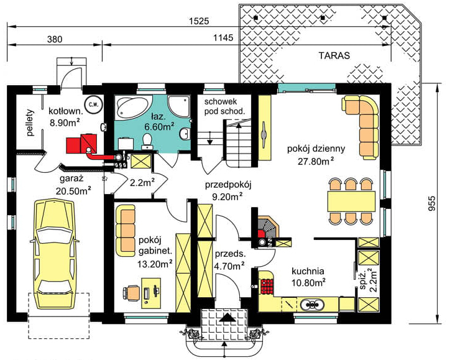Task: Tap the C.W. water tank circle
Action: (93, 104)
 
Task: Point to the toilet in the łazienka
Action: (147, 141)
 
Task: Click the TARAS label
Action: (334, 55)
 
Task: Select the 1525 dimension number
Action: (199, 21)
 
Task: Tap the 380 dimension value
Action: (54, 39)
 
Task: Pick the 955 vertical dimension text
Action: (431, 203)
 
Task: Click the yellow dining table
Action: (352, 201)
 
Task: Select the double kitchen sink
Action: (311, 304)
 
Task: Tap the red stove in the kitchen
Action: (267, 286)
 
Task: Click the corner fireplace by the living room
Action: (267, 228)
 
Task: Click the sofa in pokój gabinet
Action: (125, 231)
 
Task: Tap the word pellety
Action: (30, 122)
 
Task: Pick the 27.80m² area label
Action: (316, 161)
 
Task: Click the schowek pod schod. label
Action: (225, 106)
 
